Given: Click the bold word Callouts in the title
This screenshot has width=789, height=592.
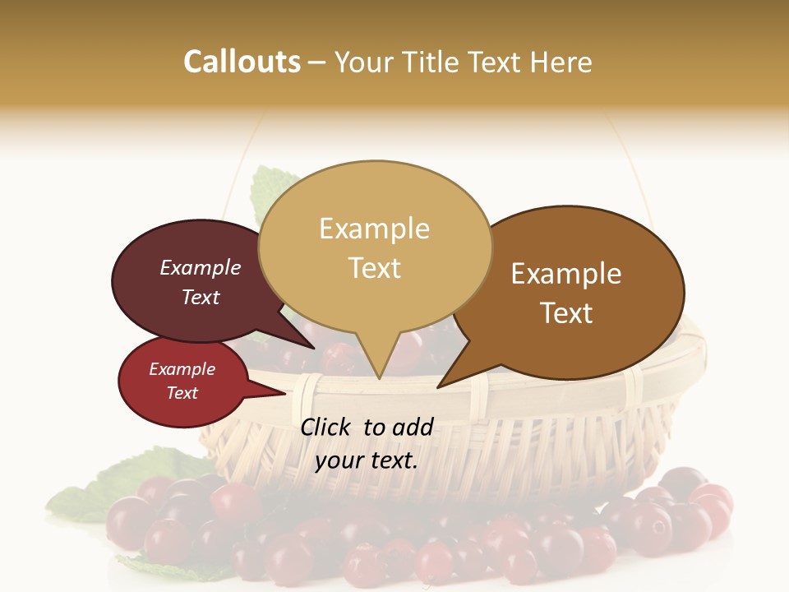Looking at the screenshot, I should (242, 62).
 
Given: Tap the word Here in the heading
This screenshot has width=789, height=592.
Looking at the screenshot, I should (561, 62).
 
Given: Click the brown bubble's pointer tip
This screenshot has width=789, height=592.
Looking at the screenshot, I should (439, 386).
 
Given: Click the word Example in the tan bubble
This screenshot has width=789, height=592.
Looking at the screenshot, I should (374, 229).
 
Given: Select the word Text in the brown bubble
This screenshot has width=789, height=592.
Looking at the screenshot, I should (566, 313).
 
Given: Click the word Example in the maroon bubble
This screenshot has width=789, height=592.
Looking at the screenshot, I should (200, 267).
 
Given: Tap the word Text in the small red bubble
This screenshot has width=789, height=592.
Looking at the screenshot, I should (182, 393).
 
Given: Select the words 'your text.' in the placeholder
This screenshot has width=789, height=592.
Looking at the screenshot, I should (367, 460).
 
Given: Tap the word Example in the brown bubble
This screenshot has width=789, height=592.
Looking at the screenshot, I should (566, 274).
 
